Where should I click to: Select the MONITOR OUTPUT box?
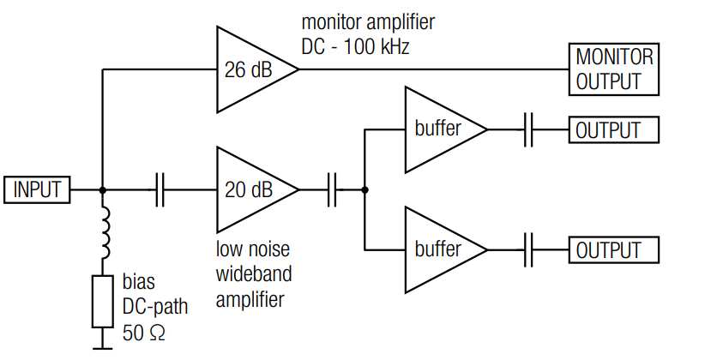(615, 70)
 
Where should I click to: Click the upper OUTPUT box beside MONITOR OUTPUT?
(615, 130)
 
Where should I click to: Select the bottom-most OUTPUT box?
(615, 250)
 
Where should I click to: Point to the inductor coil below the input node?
(103, 233)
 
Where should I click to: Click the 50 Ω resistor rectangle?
(103, 301)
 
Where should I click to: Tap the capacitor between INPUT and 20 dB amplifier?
(160, 190)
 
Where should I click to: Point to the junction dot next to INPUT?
(103, 190)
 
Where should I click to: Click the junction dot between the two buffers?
(365, 190)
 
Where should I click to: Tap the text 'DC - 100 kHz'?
(354, 46)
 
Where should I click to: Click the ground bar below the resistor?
(103, 347)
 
